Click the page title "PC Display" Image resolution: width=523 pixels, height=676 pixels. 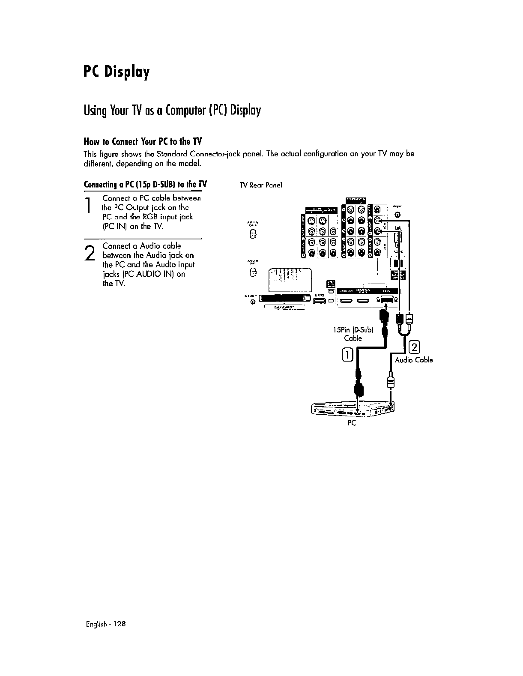(x=116, y=73)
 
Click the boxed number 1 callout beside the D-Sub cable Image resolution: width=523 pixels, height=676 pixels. (x=347, y=354)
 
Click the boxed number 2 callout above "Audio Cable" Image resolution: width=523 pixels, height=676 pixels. (x=415, y=346)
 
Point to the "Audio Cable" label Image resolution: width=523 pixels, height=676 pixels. (x=413, y=360)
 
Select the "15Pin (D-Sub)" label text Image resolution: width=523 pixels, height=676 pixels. (x=353, y=330)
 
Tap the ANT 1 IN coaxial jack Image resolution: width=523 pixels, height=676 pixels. (x=253, y=234)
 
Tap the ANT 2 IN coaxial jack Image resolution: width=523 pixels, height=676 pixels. (x=253, y=272)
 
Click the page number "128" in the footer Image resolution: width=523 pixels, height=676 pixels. (x=120, y=624)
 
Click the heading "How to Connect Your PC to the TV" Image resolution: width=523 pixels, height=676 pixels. (x=143, y=142)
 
